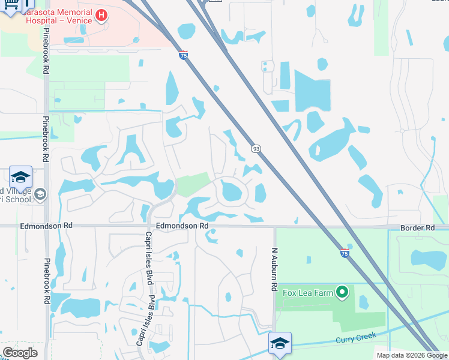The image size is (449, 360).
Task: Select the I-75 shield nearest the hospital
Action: (x=184, y=55)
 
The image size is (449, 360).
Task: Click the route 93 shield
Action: (x=256, y=148)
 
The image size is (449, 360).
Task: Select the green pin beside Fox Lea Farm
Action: (x=342, y=292)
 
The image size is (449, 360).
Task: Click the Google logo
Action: (x=20, y=353)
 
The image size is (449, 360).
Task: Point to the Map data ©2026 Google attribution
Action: (x=411, y=355)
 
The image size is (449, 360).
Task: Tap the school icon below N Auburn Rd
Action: (x=280, y=343)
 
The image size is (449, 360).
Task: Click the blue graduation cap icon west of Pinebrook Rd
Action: (x=20, y=178)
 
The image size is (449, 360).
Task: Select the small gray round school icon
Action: (x=40, y=194)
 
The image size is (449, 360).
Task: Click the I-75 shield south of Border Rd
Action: (x=345, y=253)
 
